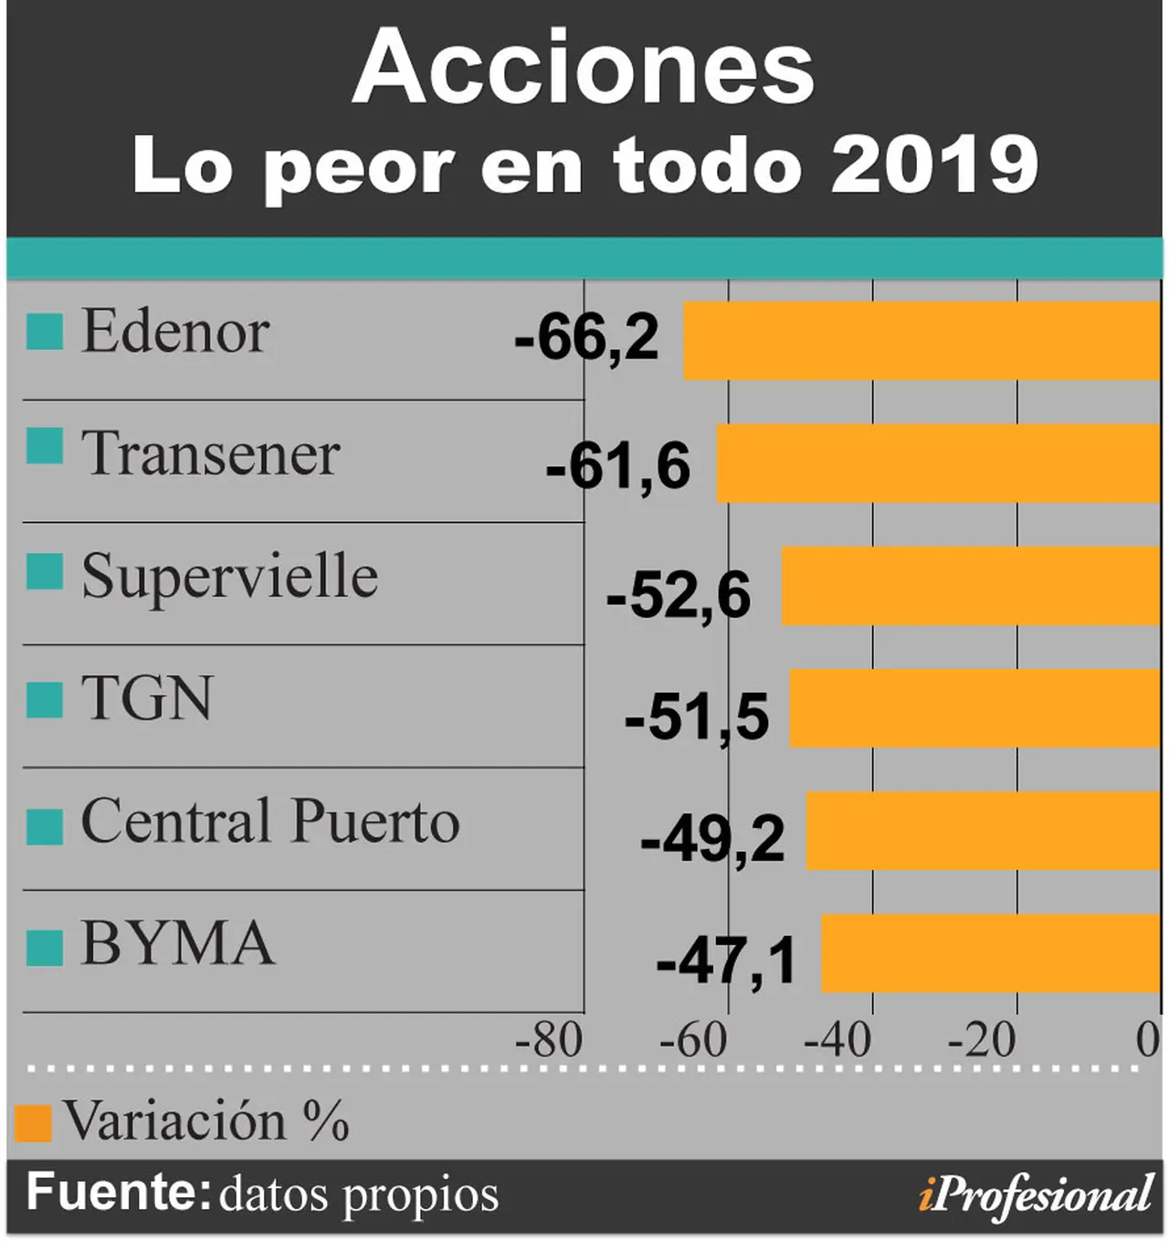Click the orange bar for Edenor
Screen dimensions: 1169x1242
point(922,341)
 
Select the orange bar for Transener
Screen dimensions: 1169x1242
point(938,463)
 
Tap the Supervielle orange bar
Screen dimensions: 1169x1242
point(972,586)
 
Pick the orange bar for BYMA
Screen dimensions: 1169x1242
point(991,954)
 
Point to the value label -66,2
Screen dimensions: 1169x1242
point(586,338)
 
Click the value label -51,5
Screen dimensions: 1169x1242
point(697,719)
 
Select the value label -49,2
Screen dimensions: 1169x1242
point(712,841)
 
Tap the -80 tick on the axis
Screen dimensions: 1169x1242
point(549,1041)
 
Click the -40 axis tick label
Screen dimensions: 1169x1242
point(837,1041)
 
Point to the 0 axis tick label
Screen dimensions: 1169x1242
point(1149,1041)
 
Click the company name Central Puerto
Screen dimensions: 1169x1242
point(270,820)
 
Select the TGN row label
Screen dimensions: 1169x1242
point(148,698)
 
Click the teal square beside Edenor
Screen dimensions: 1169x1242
point(45,332)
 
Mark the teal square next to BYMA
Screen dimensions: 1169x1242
point(45,948)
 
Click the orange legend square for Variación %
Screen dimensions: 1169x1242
point(33,1124)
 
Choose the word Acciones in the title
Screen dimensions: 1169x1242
point(584,67)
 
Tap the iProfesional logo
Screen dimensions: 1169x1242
point(1036,1196)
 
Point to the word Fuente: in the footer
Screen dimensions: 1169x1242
point(119,1192)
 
